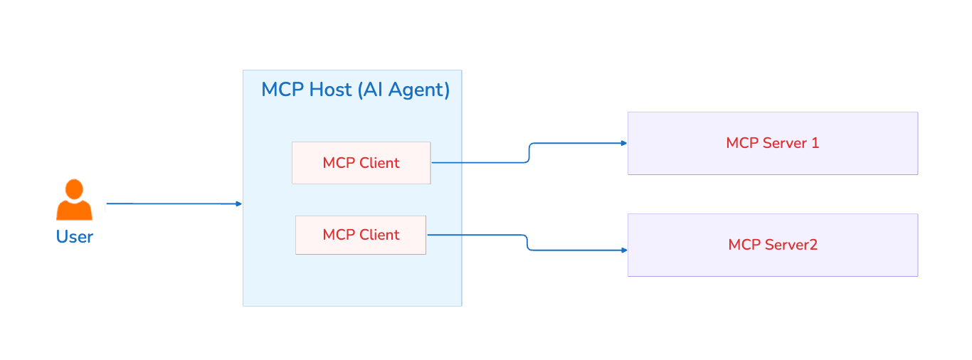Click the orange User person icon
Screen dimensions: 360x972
click(x=74, y=202)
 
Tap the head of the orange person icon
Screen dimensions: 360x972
click(x=74, y=189)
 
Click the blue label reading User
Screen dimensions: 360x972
click(x=74, y=237)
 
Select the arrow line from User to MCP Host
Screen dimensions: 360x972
click(x=171, y=203)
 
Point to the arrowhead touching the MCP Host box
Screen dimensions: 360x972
click(x=239, y=204)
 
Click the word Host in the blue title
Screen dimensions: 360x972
click(x=330, y=90)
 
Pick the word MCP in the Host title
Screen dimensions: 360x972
click(x=282, y=90)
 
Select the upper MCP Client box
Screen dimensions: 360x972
click(x=361, y=163)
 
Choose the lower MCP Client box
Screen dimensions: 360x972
click(x=361, y=235)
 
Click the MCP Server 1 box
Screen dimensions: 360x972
click(x=773, y=143)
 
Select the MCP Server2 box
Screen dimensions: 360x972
click(x=773, y=245)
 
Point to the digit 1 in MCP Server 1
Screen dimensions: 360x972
click(x=815, y=143)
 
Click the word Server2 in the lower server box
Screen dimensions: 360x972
click(x=791, y=245)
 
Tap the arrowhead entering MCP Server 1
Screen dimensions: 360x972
click(x=624, y=143)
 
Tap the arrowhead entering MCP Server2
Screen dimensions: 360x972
click(x=624, y=250)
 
